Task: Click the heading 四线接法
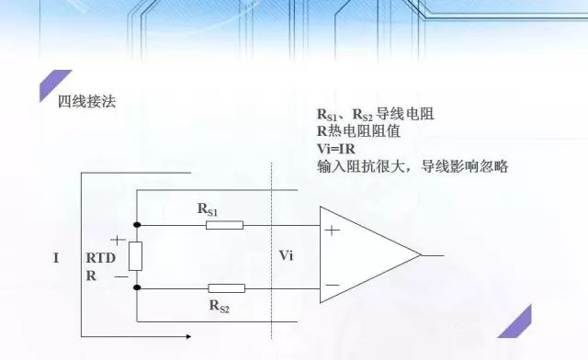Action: click(x=88, y=100)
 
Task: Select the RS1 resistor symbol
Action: click(x=224, y=224)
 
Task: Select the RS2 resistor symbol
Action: click(x=224, y=287)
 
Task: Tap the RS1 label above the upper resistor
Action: click(x=208, y=208)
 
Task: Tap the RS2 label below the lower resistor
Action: click(x=219, y=305)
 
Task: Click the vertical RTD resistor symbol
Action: click(x=136, y=256)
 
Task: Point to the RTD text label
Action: click(x=100, y=258)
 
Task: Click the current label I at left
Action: click(x=56, y=259)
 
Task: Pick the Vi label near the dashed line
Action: click(x=286, y=254)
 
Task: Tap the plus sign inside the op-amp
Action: click(x=332, y=231)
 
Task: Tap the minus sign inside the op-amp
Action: click(x=332, y=285)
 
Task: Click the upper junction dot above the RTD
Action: click(x=136, y=224)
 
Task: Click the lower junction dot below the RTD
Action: click(x=136, y=287)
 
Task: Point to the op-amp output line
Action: click(x=433, y=255)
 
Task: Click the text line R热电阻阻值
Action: click(x=365, y=132)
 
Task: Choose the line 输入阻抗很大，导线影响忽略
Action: click(x=413, y=166)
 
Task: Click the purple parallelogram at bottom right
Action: click(x=520, y=322)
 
